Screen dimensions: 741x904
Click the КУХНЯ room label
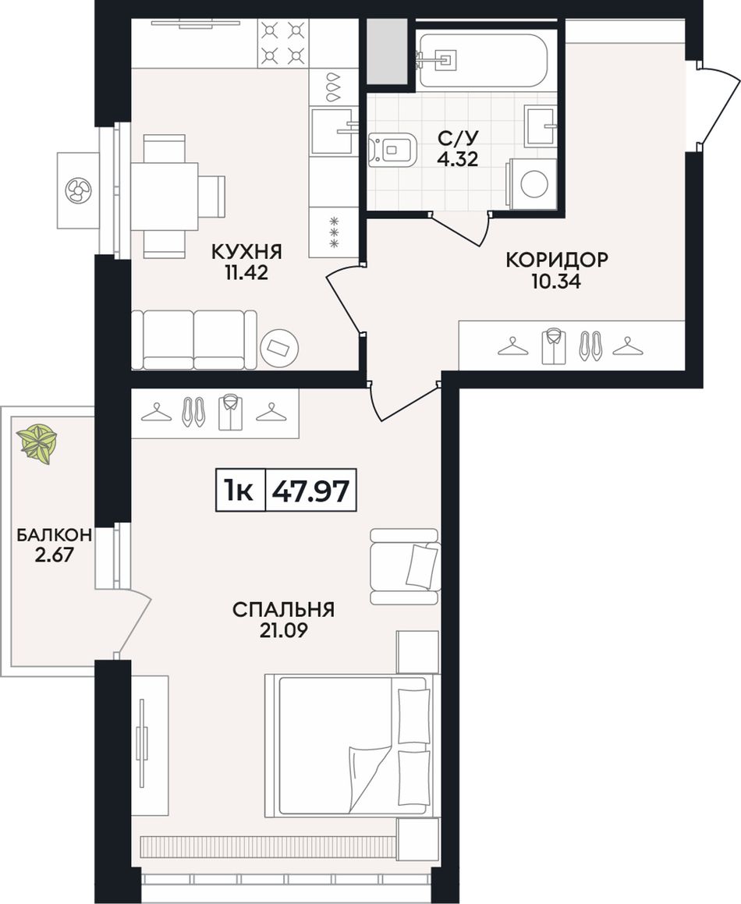(x=246, y=252)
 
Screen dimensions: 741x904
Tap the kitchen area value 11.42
(x=246, y=273)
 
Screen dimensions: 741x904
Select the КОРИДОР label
(x=556, y=260)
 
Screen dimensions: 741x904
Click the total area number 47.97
(x=310, y=491)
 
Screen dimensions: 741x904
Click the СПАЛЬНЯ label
(x=283, y=609)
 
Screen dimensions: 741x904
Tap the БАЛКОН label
(x=54, y=535)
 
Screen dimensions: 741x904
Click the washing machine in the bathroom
(x=531, y=183)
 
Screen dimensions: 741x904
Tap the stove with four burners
(x=282, y=42)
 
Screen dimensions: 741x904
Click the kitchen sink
(x=332, y=131)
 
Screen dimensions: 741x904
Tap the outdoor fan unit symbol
(x=79, y=190)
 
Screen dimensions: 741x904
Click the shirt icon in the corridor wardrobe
(x=554, y=346)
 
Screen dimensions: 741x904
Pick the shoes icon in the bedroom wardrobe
(x=193, y=412)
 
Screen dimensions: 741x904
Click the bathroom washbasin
(x=541, y=125)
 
